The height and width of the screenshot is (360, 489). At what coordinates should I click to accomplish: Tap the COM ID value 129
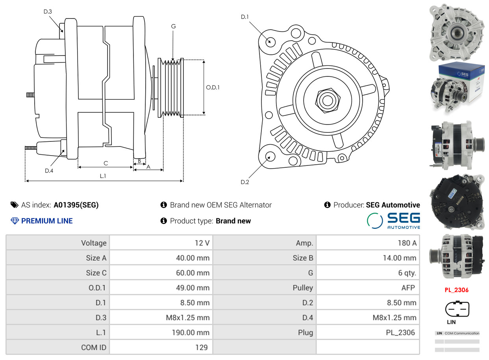201,347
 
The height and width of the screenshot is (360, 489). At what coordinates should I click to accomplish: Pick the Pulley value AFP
408,288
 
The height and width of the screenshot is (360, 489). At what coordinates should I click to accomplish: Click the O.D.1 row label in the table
97,288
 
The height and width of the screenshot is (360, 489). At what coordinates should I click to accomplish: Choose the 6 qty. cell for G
407,273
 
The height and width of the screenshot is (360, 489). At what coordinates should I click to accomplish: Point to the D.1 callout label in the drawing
245,17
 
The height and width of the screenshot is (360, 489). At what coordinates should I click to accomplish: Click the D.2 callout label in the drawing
245,182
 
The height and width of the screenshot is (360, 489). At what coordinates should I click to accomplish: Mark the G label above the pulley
173,26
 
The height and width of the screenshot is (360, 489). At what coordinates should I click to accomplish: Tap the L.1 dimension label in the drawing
103,176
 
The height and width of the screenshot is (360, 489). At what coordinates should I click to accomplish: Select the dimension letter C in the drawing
106,163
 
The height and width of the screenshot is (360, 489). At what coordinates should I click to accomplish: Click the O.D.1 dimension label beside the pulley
213,87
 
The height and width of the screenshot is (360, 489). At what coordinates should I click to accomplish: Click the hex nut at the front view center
326,100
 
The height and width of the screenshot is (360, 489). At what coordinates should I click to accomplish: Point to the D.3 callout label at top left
48,12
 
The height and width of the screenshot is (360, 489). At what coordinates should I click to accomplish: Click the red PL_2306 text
456,290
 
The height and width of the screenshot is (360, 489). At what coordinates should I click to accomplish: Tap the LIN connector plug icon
457,309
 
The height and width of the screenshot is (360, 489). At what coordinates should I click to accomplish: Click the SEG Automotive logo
393,221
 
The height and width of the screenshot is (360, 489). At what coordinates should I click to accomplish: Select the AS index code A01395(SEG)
76,205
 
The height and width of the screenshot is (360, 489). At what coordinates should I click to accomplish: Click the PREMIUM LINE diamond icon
15,221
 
